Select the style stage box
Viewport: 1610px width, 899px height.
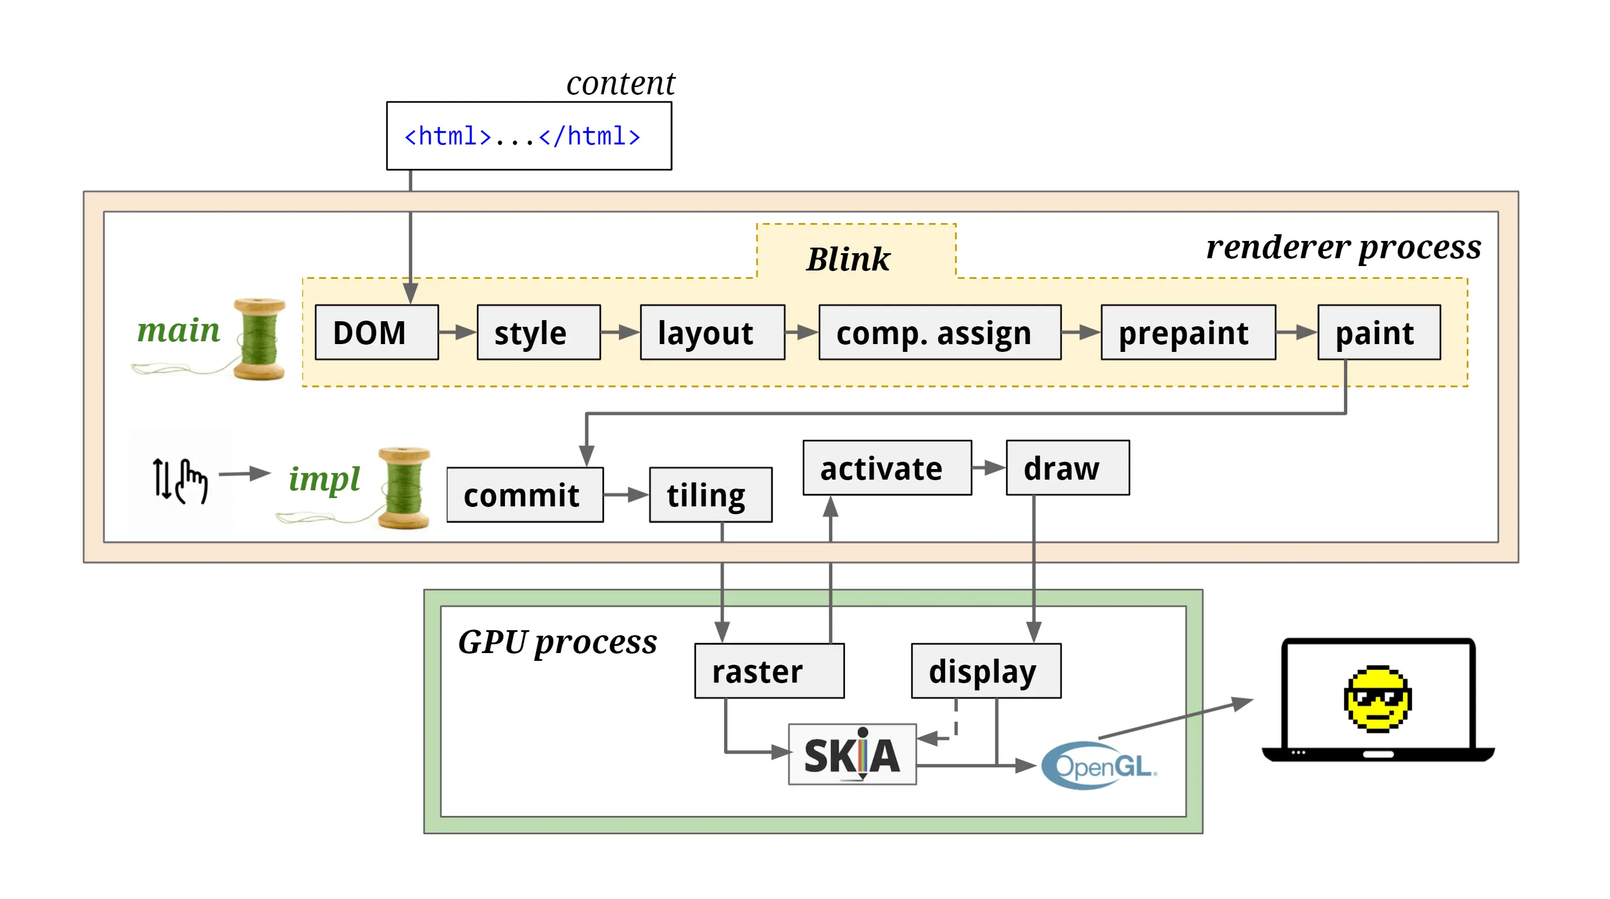538,332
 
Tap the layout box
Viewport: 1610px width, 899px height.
712,332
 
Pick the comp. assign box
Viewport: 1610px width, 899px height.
939,332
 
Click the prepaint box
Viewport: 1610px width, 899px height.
1188,332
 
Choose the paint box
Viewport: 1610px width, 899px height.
1378,332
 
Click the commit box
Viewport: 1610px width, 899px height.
524,495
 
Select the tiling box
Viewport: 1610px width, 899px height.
711,495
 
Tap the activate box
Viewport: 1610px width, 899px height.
886,468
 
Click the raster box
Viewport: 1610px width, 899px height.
769,671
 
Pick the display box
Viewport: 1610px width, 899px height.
986,671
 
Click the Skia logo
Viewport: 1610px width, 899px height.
852,755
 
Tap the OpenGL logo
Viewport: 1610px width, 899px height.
1099,766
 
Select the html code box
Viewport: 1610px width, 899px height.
529,136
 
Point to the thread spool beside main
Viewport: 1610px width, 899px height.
259,339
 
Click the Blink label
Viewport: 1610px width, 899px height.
847,259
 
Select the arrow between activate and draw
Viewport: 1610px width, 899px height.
988,468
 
